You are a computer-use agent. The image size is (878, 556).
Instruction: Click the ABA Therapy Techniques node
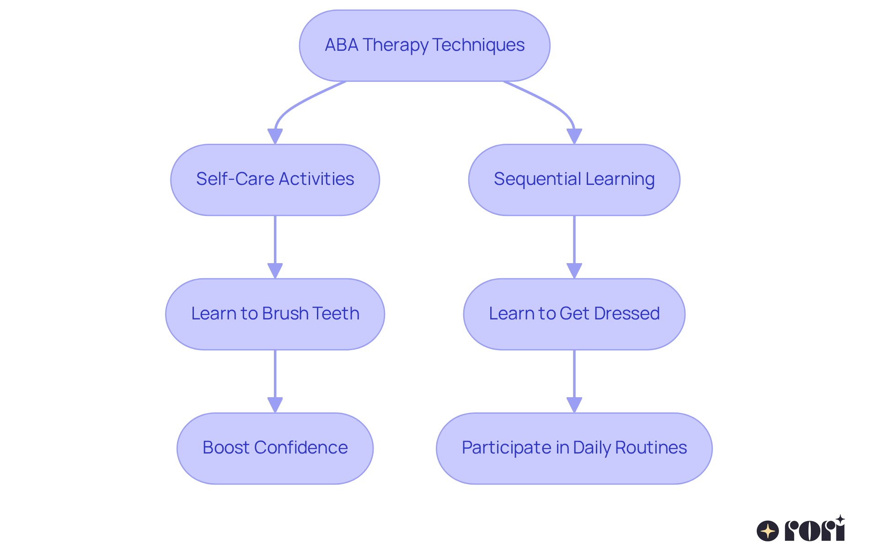coord(424,46)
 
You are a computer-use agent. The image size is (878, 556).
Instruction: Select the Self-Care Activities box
coord(275,180)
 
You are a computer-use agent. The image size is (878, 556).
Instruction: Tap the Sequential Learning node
coord(574,180)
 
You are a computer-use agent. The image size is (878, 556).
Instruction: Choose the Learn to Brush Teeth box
coord(275,314)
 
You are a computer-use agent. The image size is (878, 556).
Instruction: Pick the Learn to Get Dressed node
coord(574,314)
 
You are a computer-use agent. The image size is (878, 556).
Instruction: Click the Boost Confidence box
coord(275,448)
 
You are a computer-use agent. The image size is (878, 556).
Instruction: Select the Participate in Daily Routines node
coord(574,448)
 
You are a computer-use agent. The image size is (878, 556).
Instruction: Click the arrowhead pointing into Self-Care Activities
coord(275,136)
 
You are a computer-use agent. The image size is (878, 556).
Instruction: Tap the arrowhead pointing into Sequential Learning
coord(574,136)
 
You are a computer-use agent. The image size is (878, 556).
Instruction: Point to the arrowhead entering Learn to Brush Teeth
coord(275,270)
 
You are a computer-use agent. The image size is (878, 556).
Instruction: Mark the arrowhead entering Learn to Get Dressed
coord(574,270)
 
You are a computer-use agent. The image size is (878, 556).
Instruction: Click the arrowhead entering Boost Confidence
coord(275,405)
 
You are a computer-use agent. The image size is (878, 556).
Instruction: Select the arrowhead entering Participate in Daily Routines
coord(574,405)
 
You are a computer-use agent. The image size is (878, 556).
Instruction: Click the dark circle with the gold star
coord(768,531)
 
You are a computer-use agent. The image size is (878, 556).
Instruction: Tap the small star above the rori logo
coord(840,519)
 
